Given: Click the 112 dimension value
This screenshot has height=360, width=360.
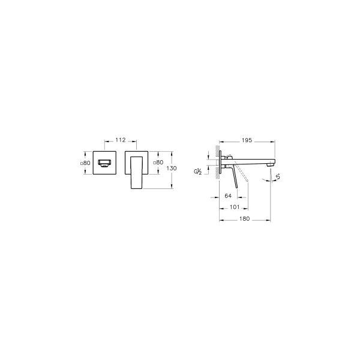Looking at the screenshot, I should pos(120,140).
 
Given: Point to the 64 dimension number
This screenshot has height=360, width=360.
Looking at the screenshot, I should pos(228,196).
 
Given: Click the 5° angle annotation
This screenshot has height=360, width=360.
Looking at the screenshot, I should pos(278,175).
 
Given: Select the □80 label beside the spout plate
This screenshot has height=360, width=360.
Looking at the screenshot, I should pos(85,163).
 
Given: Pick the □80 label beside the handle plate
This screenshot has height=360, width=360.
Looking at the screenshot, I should pos(158,163).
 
